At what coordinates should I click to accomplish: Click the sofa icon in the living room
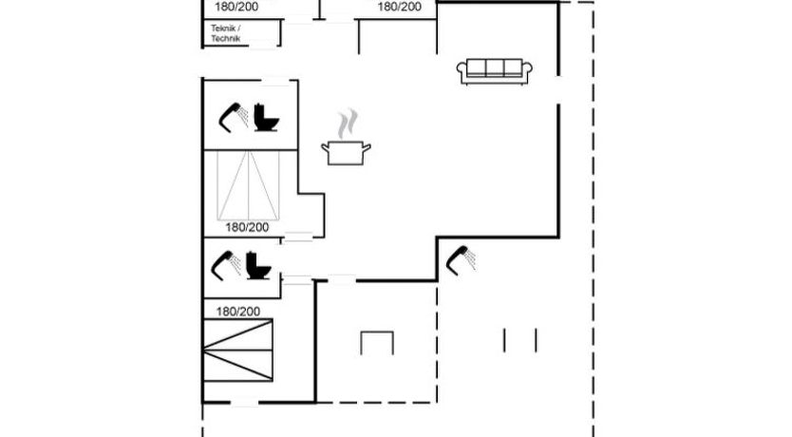[x=495, y=71]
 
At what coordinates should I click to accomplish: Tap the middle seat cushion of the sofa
[x=495, y=67]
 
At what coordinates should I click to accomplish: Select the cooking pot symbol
[x=346, y=153]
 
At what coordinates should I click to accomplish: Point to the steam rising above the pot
[x=348, y=123]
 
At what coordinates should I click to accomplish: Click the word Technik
[x=226, y=39]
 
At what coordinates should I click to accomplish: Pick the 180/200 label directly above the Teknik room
[x=236, y=7]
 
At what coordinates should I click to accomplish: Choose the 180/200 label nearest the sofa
[x=400, y=7]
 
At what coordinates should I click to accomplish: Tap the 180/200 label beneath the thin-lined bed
[x=247, y=227]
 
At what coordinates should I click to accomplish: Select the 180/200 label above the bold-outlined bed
[x=238, y=312]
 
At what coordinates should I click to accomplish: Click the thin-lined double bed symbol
[x=248, y=185]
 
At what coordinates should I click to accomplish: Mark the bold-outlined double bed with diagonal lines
[x=238, y=350]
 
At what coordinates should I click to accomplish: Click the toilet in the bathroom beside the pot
[x=266, y=118]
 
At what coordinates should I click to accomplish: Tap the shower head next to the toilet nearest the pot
[x=233, y=117]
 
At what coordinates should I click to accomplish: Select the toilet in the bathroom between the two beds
[x=258, y=266]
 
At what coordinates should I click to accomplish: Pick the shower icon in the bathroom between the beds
[x=225, y=265]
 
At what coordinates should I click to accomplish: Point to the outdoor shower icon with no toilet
[x=461, y=260]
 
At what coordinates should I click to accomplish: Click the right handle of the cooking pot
[x=367, y=147]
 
